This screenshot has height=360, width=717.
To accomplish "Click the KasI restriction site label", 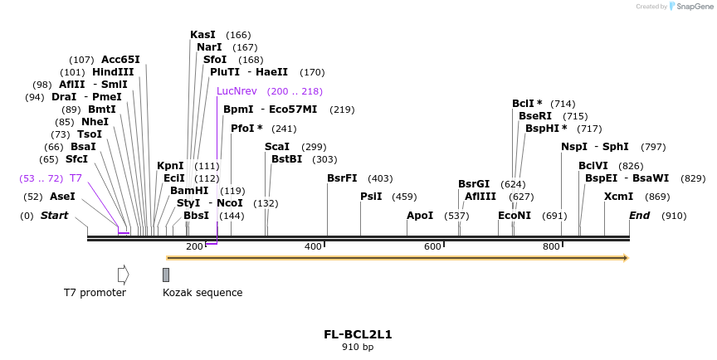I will point(202,35).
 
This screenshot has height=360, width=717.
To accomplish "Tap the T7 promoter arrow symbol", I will point(123,275).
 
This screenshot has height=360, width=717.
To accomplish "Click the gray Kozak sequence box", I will point(166,275).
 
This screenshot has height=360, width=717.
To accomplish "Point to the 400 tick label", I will point(313,246).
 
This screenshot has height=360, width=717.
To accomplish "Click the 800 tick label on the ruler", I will point(551,246).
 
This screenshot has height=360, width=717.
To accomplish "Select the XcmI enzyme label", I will point(618,197).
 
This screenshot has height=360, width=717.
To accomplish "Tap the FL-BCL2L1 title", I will point(358,335).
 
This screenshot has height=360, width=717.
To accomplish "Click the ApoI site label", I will point(420,216).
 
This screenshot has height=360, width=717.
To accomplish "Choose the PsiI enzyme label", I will point(371,197).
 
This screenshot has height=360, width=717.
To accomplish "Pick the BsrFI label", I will point(342,178).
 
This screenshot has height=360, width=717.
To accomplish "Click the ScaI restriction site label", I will point(277,147).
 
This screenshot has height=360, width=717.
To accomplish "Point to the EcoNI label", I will point(515,216).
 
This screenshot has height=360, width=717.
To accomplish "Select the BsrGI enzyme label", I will point(474,184).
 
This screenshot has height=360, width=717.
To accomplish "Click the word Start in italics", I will point(55,216).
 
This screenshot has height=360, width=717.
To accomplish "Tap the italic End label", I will point(639,216).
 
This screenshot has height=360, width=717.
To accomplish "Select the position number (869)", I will point(657,197).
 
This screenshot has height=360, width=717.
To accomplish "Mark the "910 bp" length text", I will point(358,348).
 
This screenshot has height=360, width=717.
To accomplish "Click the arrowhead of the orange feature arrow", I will point(626,258).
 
